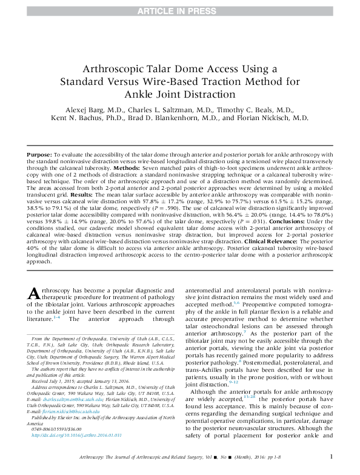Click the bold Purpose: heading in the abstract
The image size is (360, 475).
point(39,156)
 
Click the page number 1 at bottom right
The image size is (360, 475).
point(330,457)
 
